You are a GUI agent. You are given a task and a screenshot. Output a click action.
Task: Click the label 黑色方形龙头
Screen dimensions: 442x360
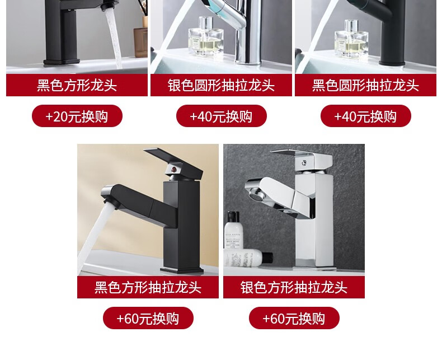click(x=77, y=85)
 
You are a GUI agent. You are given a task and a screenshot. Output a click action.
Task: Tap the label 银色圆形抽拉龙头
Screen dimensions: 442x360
click(x=221, y=85)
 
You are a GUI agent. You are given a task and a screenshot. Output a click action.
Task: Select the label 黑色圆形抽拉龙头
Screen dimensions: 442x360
click(x=365, y=85)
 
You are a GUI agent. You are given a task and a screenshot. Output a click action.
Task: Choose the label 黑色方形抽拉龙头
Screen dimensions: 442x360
click(x=148, y=287)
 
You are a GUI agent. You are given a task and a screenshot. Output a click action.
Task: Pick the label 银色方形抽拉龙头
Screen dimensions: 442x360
click(x=294, y=287)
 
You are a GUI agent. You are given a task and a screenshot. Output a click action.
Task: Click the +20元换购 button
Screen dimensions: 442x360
click(x=77, y=116)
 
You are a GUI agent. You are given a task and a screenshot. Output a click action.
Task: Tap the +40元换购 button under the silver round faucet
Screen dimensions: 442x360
click(x=222, y=116)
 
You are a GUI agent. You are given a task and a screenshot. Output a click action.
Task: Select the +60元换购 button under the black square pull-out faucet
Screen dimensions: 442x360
click(x=148, y=318)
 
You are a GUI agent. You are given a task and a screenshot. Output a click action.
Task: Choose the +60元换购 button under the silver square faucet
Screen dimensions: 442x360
click(x=294, y=318)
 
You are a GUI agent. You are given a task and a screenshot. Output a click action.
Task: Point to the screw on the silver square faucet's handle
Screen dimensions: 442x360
click(x=304, y=162)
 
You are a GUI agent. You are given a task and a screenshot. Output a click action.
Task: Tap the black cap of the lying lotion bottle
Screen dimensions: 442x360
click(x=269, y=258)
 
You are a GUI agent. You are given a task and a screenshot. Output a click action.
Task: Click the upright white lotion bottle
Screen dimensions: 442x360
click(x=233, y=231)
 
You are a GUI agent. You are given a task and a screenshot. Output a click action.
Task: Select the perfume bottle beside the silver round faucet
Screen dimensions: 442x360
click(x=205, y=36)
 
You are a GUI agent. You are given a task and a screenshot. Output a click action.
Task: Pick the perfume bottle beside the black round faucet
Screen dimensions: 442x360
click(x=351, y=38)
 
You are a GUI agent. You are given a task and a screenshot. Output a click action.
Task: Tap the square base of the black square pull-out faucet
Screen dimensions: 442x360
click(x=182, y=270)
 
